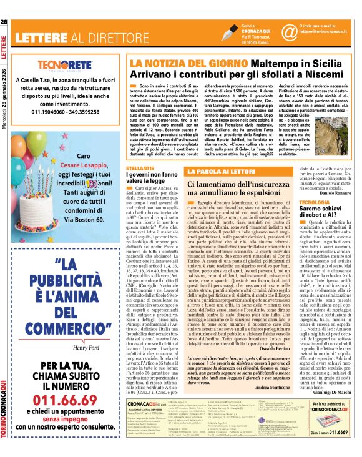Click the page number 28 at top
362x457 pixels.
pos(4,22)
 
